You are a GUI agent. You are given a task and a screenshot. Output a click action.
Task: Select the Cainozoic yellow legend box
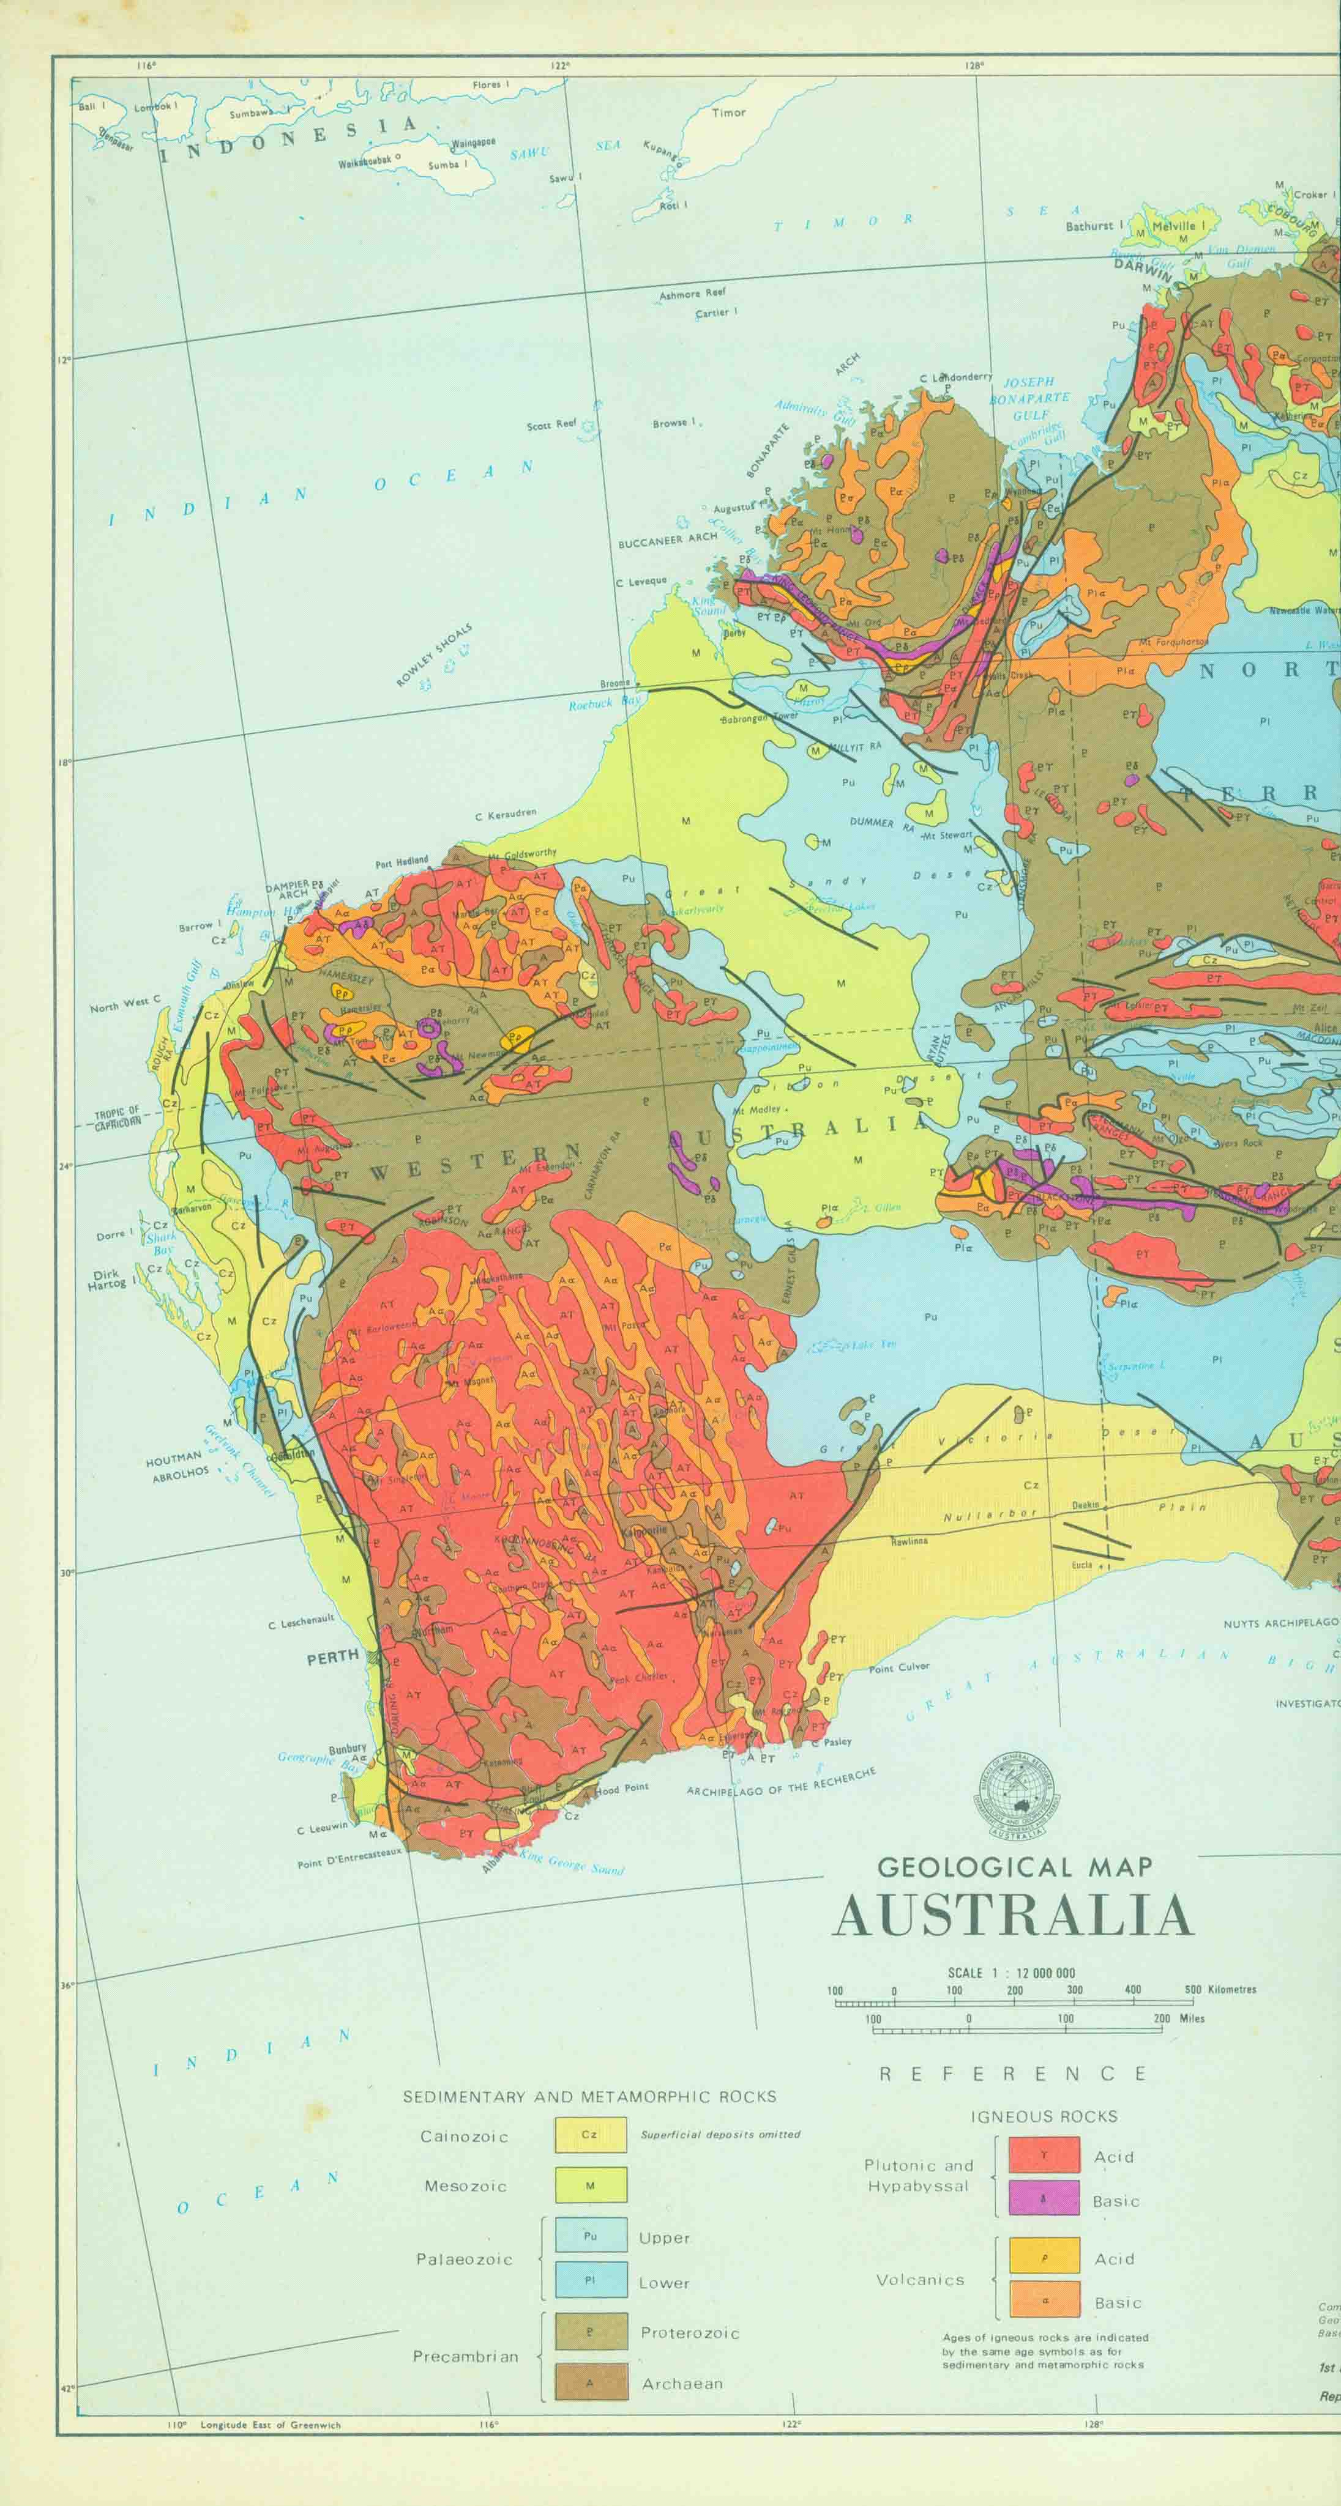(x=591, y=2162)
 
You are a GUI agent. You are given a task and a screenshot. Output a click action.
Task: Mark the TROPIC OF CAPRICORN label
(x=118, y=1118)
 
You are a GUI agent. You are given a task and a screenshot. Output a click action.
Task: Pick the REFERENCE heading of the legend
(x=1013, y=2074)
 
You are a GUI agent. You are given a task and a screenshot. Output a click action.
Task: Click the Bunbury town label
(x=348, y=1748)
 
